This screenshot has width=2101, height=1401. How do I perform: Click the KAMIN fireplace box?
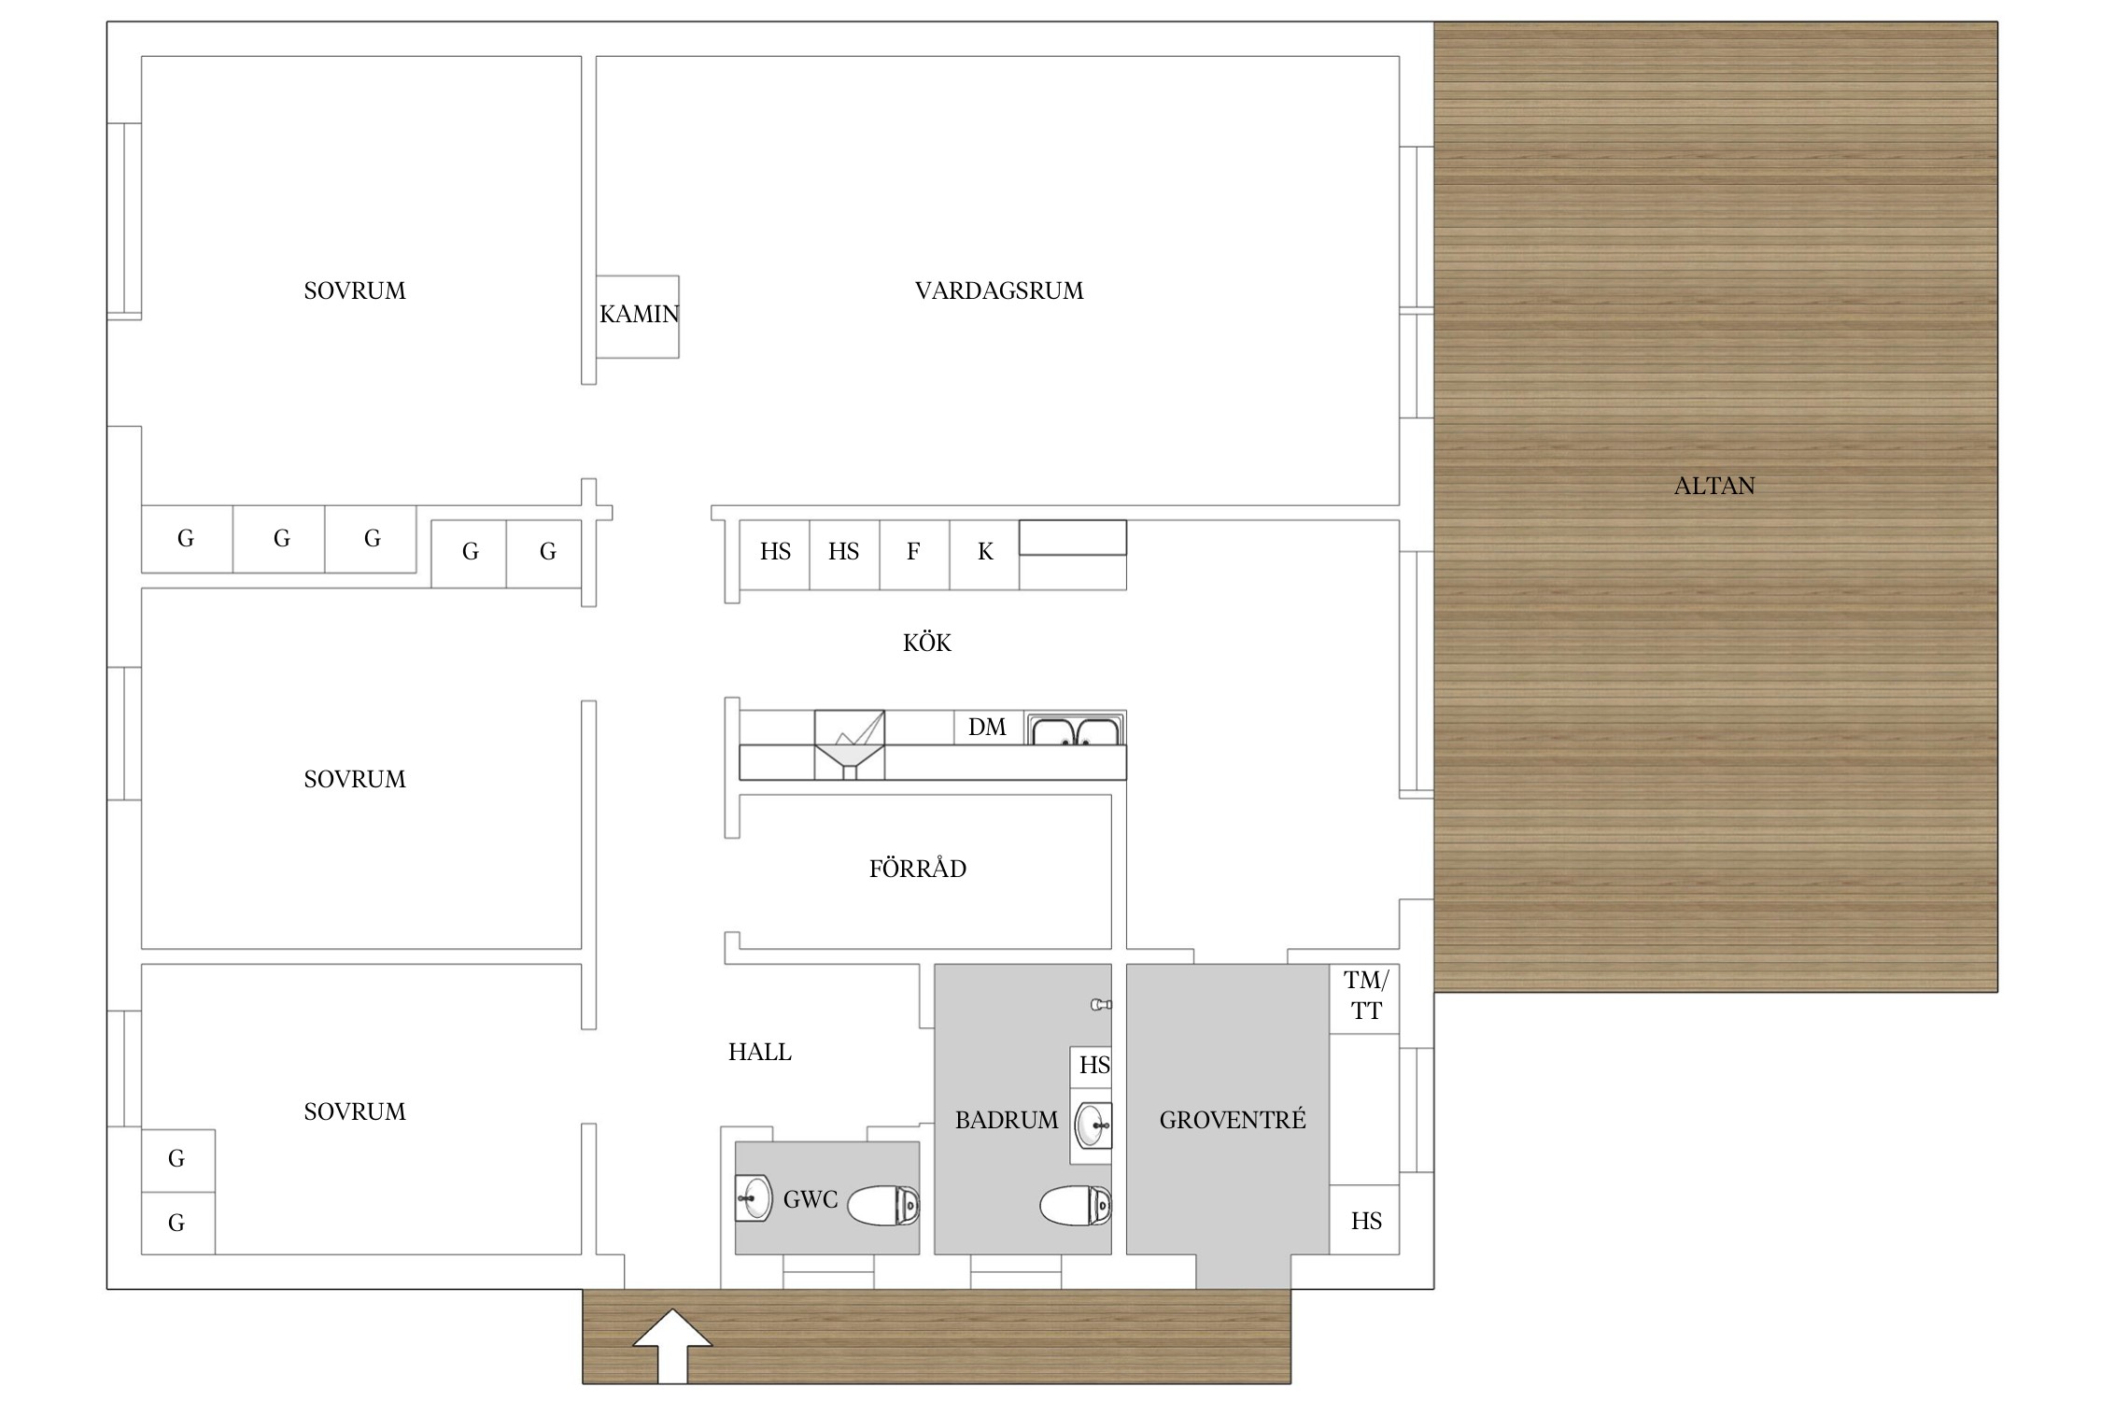638,317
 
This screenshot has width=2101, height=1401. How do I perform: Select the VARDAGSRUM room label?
999,290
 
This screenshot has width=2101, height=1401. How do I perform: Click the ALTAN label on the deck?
1714,486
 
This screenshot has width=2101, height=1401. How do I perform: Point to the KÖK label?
927,642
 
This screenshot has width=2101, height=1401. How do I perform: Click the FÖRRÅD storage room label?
918,868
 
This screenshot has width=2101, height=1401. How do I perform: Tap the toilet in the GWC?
883,1205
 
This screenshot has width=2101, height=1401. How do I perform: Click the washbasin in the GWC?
754,1197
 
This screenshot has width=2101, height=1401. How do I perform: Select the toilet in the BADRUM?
1076,1205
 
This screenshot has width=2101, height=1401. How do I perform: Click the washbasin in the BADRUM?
1093,1125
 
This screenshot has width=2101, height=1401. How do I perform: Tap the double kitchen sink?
1076,729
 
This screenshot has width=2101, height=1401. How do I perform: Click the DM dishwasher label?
987,727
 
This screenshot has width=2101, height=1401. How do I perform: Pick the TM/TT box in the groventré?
1364,998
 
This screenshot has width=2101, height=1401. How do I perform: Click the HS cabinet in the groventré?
1364,1220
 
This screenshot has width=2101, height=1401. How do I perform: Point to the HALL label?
760,1052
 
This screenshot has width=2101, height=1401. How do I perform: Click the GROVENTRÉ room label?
1233,1119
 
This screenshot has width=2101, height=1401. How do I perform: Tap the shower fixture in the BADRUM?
1102,1005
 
